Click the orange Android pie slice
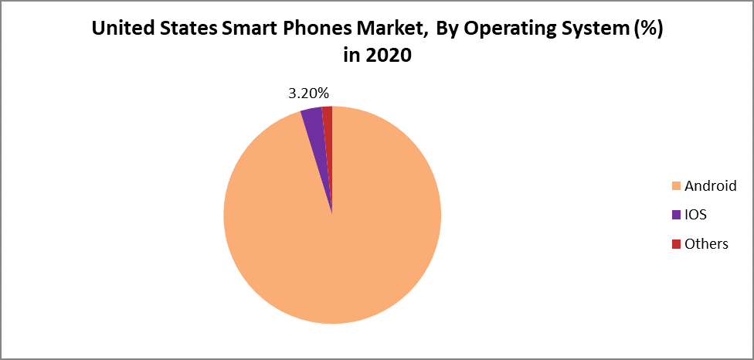(332, 232)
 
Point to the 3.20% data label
(309, 93)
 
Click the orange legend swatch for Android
(676, 186)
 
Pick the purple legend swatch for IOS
(676, 215)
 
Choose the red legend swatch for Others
(676, 244)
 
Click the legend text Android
(710, 186)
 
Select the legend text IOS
(696, 215)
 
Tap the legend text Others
(706, 244)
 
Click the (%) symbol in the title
(648, 29)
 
